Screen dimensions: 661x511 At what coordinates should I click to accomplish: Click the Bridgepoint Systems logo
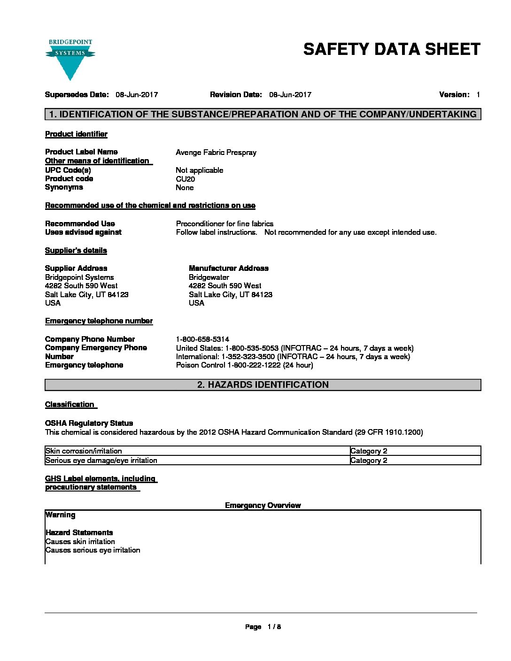pyautogui.click(x=70, y=59)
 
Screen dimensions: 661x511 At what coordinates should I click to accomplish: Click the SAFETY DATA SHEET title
pyautogui.click(x=392, y=49)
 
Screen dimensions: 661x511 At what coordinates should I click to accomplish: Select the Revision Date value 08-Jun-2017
pyautogui.click(x=290, y=95)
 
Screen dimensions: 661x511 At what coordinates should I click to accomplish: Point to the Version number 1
pyautogui.click(x=478, y=95)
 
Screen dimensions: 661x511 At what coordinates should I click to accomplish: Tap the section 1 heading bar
pyautogui.click(x=263, y=114)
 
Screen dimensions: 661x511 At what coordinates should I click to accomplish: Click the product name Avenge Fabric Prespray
pyautogui.click(x=216, y=153)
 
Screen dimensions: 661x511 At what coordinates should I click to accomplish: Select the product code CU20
pyautogui.click(x=185, y=179)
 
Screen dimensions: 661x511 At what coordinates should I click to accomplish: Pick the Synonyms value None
pyautogui.click(x=185, y=188)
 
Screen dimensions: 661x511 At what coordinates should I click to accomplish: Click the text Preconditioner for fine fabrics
pyautogui.click(x=225, y=224)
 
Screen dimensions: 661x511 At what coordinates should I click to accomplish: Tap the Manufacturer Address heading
pyautogui.click(x=229, y=269)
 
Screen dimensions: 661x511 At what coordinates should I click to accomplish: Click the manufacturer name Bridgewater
pyautogui.click(x=209, y=277)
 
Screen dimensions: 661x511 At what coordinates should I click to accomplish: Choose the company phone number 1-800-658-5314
pyautogui.click(x=202, y=339)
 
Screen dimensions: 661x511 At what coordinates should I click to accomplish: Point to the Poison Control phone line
pyautogui.click(x=244, y=365)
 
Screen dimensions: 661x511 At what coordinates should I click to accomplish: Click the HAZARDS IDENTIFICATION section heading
pyautogui.click(x=263, y=385)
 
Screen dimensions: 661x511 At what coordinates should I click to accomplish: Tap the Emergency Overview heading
pyautogui.click(x=263, y=506)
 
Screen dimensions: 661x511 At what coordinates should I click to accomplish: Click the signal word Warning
pyautogui.click(x=61, y=515)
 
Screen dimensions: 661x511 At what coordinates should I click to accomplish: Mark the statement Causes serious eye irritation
pyautogui.click(x=93, y=550)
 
